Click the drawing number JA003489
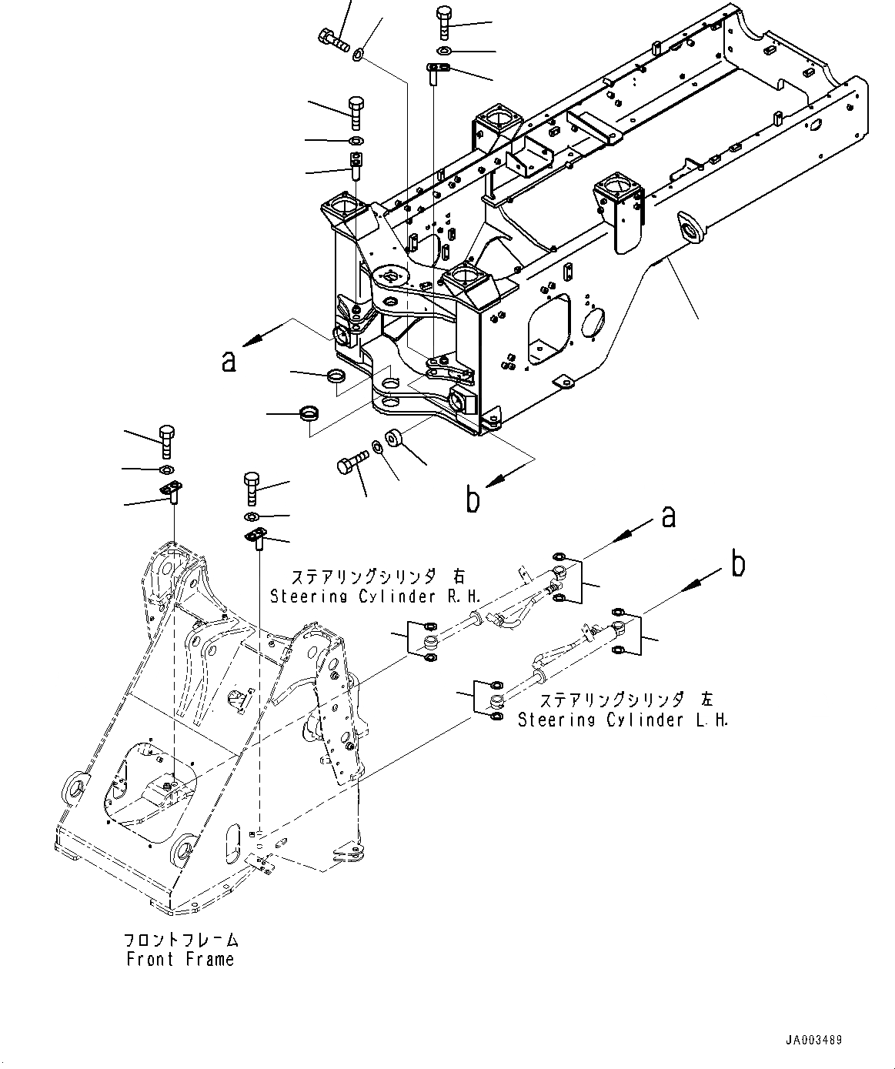click(x=813, y=1040)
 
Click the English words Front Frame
click(x=180, y=959)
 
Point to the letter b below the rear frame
click(x=473, y=500)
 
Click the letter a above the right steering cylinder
click(x=668, y=517)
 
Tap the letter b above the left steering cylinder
click(x=737, y=565)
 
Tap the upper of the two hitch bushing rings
click(x=336, y=376)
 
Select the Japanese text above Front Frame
click(x=181, y=940)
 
